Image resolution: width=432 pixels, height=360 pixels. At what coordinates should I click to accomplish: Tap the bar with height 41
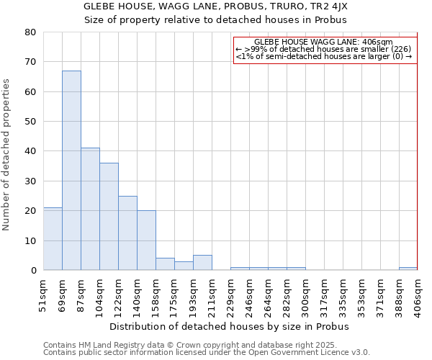90,209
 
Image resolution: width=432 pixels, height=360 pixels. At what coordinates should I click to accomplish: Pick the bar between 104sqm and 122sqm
109,217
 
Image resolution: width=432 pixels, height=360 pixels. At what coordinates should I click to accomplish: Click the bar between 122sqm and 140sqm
127,233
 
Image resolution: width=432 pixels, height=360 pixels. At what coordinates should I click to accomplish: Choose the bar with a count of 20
146,240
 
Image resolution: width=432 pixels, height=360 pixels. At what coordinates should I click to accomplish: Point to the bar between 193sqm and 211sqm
202,263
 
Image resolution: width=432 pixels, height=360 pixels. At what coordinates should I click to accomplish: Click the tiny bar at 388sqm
408,269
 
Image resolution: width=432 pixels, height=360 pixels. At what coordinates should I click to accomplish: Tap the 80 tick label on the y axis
30,32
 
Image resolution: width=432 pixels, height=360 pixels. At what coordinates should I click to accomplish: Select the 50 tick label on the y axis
30,122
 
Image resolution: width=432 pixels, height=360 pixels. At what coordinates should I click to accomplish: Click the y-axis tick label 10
30,240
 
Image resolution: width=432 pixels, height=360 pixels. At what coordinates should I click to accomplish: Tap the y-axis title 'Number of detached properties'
6,155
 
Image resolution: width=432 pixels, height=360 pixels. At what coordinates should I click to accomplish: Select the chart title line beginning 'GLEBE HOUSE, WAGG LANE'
215,6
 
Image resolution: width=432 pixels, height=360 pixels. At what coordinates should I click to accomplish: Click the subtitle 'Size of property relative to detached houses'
215,19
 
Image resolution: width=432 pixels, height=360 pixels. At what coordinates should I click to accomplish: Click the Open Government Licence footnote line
207,353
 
